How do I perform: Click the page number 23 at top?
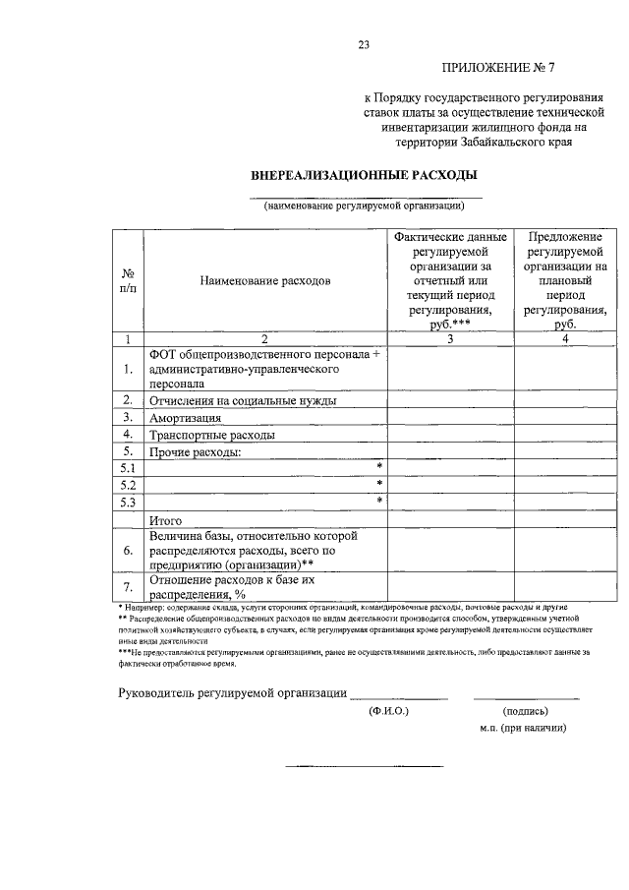tap(365, 45)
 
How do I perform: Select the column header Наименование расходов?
tap(265, 281)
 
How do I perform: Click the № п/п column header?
tap(128, 281)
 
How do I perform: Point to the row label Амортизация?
tap(187, 417)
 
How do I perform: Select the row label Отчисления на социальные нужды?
tap(243, 400)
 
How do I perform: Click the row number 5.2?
tap(128, 485)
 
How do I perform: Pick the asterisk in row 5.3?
tap(379, 502)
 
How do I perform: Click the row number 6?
tap(128, 551)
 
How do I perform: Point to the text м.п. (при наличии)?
tap(524, 729)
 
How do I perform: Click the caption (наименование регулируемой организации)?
tap(363, 206)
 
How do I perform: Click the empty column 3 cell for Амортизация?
tap(449, 417)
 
